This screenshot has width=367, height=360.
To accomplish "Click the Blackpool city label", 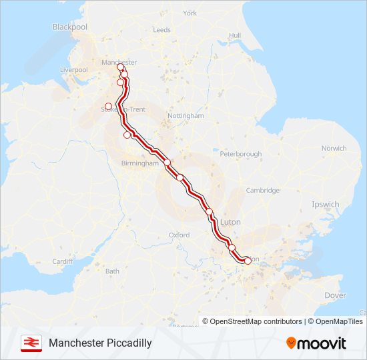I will point(70,27).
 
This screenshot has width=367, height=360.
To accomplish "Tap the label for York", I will point(190,13).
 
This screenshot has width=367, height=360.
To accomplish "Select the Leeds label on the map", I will point(162,30).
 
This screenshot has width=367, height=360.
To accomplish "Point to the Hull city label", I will point(234,35).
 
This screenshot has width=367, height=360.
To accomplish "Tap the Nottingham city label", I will point(185,115).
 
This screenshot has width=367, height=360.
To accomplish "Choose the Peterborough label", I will point(240,154).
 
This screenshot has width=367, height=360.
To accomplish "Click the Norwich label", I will point(334,148).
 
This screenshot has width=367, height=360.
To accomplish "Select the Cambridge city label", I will point(262,190).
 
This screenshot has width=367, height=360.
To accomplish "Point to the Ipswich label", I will point(326,204).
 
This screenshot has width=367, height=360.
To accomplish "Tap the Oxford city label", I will point(179,235).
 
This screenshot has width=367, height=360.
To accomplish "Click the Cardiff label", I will point(62,261).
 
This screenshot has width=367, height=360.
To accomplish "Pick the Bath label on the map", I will point(112,271).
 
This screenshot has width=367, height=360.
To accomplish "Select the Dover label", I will point(335,295).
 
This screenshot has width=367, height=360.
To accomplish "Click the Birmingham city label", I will point(140,163).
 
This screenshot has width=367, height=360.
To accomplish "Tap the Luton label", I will point(230,221).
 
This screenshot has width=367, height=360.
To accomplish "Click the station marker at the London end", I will point(248,261).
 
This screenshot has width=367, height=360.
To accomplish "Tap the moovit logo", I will point(316,343).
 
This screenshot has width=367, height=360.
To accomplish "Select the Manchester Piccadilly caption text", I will point(100,343).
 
